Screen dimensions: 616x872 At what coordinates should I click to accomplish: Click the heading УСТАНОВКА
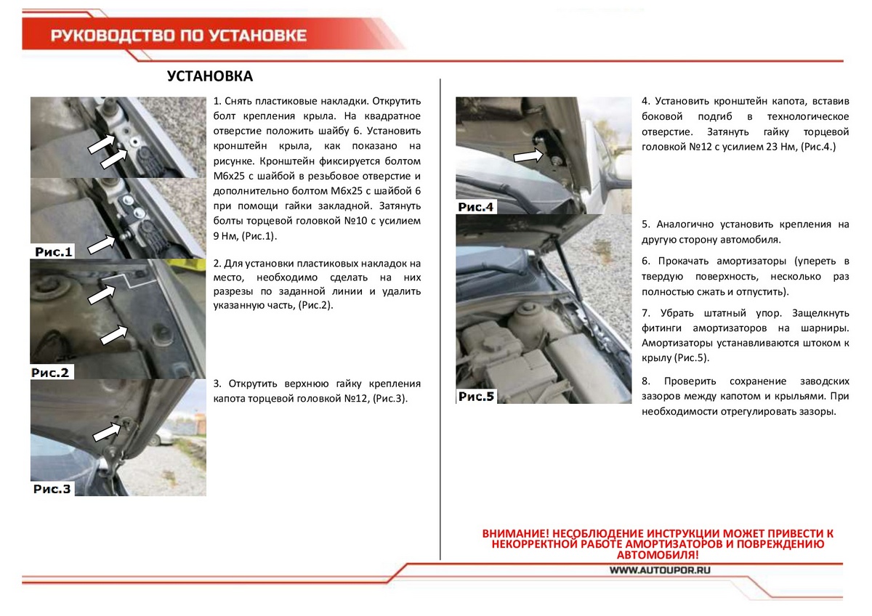210,77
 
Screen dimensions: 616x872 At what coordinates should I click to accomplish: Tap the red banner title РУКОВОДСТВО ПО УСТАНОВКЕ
179,36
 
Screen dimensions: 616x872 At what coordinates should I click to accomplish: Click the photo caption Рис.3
52,489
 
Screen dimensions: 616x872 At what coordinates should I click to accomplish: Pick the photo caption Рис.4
476,208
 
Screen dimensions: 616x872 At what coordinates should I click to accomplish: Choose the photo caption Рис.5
476,397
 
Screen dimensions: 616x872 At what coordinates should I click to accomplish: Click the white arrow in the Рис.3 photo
107,430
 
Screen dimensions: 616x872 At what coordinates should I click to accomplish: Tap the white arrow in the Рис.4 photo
528,155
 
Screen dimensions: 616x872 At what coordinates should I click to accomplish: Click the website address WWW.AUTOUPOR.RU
659,571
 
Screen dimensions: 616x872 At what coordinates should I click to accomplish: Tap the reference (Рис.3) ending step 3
390,400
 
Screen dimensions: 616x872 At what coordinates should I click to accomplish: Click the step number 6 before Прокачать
646,261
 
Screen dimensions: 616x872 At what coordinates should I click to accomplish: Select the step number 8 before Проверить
646,381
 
